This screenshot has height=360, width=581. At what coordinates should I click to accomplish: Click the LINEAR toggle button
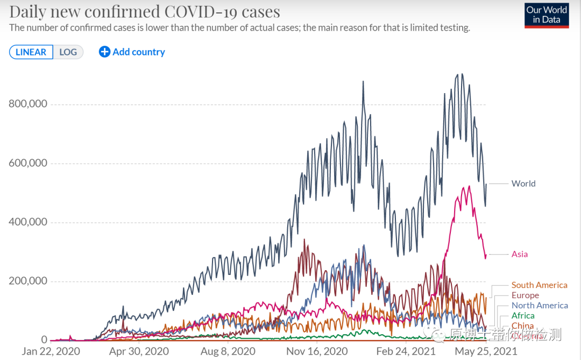[x=31, y=52]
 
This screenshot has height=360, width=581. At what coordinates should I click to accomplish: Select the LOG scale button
[x=68, y=52]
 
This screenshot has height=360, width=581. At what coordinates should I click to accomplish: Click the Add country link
[x=132, y=52]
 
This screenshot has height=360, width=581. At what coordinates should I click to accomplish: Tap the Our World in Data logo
[x=547, y=16]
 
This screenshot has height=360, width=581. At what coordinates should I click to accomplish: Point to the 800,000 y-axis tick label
[x=28, y=104]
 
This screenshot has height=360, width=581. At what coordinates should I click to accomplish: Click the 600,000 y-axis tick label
[x=28, y=163]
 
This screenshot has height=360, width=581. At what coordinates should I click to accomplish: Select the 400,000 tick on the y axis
[x=28, y=222]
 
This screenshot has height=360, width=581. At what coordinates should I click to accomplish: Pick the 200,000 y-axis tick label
[x=28, y=281]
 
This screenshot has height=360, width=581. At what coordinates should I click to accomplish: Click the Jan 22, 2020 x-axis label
[x=51, y=351]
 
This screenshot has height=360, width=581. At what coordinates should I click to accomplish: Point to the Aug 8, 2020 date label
[x=228, y=351]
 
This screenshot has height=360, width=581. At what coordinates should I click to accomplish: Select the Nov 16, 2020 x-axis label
[x=317, y=351]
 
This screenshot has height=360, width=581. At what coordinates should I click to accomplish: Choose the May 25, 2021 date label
[x=486, y=351]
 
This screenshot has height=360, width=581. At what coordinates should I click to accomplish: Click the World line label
[x=523, y=183]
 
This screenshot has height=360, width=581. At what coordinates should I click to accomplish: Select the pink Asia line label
[x=520, y=254]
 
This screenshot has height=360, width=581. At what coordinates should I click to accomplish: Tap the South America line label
[x=539, y=285]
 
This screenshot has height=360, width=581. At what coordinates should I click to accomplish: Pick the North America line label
[x=540, y=306]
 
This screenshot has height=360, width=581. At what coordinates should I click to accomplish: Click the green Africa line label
[x=523, y=316]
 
